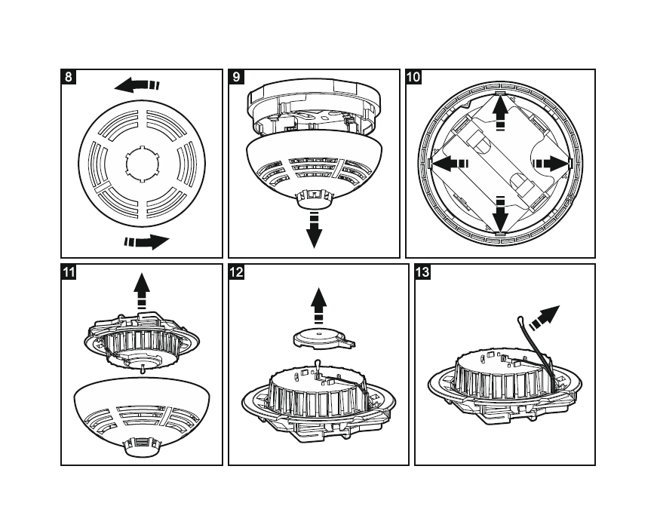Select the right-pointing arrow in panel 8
pyautogui.click(x=148, y=242)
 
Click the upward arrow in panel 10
pyautogui.click(x=499, y=114)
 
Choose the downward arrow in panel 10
pyautogui.click(x=499, y=213)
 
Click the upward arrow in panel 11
pyautogui.click(x=141, y=291)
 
